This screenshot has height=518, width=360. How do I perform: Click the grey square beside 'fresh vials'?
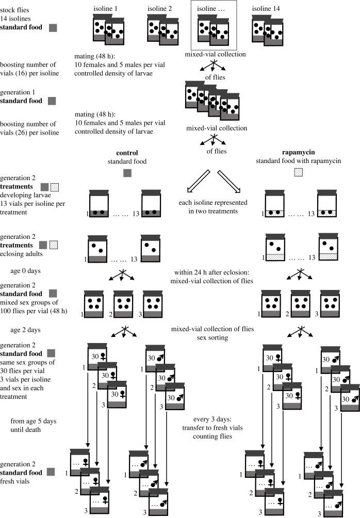(x=51, y=472)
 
